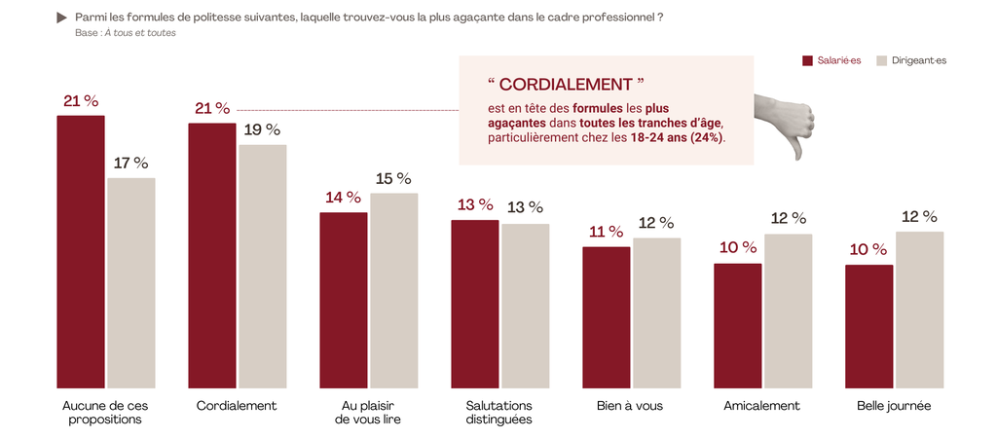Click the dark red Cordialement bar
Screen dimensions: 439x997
click(211, 255)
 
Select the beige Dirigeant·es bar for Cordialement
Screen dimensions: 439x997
click(263, 266)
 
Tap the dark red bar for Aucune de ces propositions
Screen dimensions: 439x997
click(81, 251)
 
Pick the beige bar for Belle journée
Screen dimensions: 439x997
click(919, 309)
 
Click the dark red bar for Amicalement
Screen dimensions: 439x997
click(737, 325)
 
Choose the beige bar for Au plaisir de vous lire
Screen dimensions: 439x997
click(394, 290)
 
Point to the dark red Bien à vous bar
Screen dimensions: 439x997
click(607, 316)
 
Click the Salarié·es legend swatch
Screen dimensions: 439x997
click(807, 60)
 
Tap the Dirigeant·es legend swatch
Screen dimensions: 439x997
click(882, 60)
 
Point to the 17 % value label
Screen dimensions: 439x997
click(131, 163)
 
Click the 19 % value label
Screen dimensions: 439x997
click(262, 129)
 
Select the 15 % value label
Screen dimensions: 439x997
click(393, 178)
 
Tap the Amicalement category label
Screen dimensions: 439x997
click(762, 405)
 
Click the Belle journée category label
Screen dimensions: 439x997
click(894, 405)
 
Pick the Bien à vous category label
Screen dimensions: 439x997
click(630, 405)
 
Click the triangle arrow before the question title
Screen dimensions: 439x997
click(63, 18)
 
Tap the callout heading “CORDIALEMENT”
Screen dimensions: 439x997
click(566, 85)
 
